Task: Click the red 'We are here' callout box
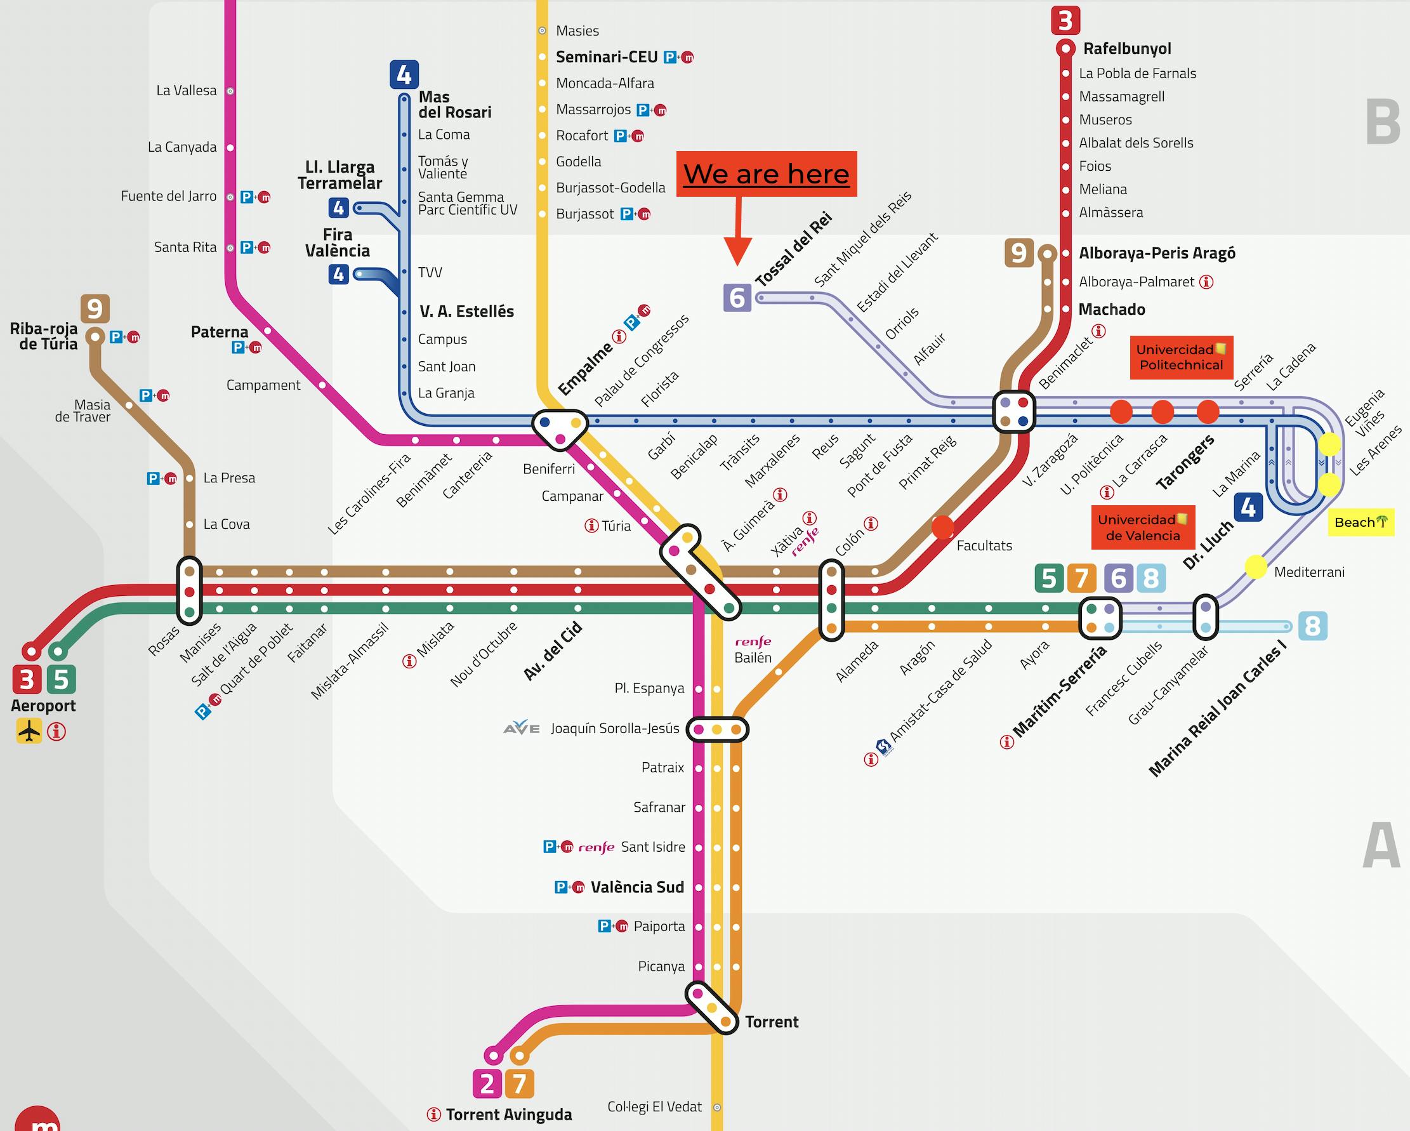[x=766, y=174]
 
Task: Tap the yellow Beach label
[x=1361, y=522]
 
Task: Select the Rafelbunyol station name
[x=1127, y=48]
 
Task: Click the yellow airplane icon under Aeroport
[x=29, y=731]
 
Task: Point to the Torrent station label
[x=772, y=1022]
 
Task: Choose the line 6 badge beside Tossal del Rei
[x=737, y=298]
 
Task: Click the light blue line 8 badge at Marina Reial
[x=1312, y=626]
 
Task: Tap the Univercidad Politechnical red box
[x=1181, y=357]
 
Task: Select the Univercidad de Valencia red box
[x=1142, y=527]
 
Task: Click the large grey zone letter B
[x=1382, y=123]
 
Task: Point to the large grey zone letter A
[x=1381, y=847]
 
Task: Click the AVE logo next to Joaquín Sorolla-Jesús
[x=521, y=727]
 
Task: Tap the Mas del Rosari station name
[x=454, y=105]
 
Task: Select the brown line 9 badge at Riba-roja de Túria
[x=95, y=308]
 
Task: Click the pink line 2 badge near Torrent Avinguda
[x=487, y=1084]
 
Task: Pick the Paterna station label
[x=219, y=332]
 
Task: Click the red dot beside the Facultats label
[x=942, y=527]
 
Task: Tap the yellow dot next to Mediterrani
[x=1255, y=567]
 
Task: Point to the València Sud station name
[x=637, y=887]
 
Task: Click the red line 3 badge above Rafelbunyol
[x=1065, y=20]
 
